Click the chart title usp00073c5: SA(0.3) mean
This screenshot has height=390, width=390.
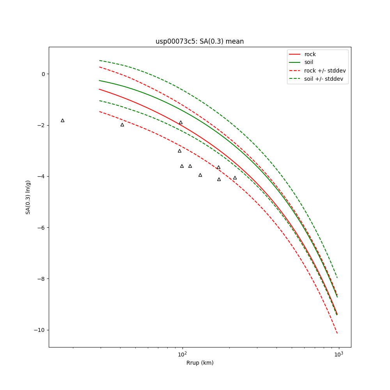(x=200, y=41)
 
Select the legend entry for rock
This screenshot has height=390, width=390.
(x=310, y=54)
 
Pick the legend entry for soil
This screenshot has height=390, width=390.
(x=308, y=62)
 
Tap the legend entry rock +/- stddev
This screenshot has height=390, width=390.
(x=325, y=71)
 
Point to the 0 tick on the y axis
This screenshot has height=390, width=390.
(x=43, y=74)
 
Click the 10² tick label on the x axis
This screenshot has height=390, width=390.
(x=182, y=354)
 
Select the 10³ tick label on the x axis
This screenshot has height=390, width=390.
(x=339, y=354)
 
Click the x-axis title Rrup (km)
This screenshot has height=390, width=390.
(x=200, y=363)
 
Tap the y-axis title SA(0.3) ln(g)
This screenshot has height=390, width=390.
(x=28, y=197)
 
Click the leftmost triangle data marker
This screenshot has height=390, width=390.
(x=62, y=121)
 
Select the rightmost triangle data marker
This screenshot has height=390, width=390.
(x=235, y=178)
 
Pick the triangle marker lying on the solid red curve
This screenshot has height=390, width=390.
(x=181, y=122)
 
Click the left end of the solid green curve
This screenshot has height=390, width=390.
(x=99, y=80)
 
